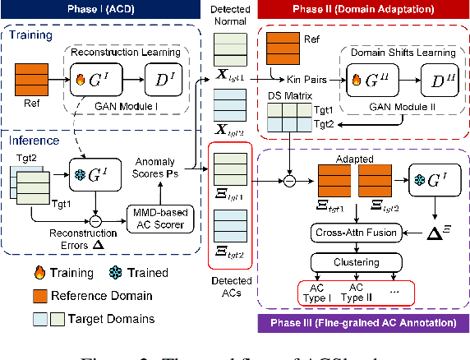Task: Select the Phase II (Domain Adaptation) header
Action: point(358,9)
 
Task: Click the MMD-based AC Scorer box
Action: point(161,216)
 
